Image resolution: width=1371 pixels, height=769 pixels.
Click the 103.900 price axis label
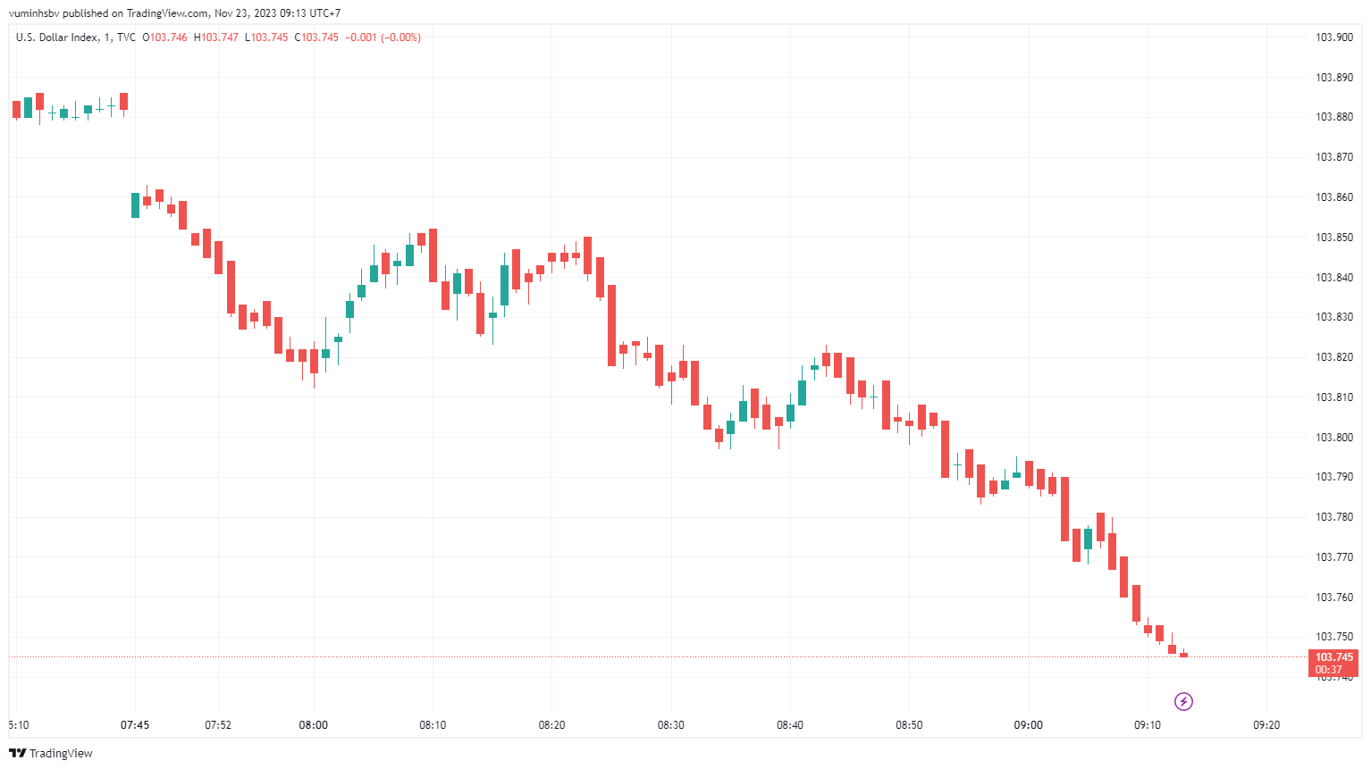coord(1333,38)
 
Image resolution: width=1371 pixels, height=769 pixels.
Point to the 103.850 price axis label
coord(1333,238)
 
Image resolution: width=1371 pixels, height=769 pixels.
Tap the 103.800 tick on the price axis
coord(1333,438)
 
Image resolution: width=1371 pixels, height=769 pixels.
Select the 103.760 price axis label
coord(1333,598)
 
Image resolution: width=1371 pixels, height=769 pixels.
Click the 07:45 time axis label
coord(135,725)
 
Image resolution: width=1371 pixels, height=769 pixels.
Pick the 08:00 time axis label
coord(313,725)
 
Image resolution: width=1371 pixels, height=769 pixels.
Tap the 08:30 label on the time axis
coord(670,725)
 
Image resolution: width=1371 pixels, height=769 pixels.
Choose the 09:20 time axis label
coord(1266,725)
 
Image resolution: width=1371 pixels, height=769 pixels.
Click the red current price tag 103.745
coord(1333,657)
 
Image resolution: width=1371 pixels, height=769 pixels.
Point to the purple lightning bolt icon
coord(1183,701)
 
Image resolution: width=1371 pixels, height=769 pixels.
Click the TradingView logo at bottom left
coord(51,753)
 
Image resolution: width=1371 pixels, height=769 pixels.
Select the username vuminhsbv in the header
coord(34,13)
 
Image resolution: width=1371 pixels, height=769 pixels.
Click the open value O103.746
coord(165,38)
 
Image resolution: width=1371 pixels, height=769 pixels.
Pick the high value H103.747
coord(216,38)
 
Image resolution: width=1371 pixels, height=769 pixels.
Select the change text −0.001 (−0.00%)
coord(383,38)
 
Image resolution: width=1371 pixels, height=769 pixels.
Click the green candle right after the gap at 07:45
coord(136,205)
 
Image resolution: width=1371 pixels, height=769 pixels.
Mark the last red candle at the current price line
coord(1183,655)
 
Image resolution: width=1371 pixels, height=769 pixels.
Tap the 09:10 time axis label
coord(1148,725)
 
